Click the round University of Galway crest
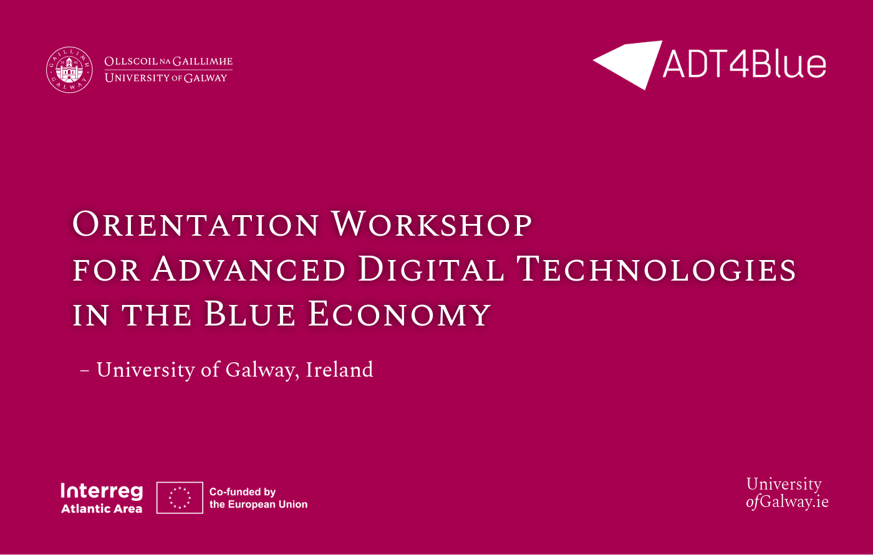point(69,69)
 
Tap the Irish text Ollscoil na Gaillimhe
point(168,62)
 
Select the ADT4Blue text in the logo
point(744,64)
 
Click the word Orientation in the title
point(196,224)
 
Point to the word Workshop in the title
point(432,224)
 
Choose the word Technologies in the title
point(657,269)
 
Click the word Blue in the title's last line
point(249,314)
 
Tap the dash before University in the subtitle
point(85,371)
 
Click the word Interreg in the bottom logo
point(102,491)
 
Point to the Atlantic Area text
point(102,509)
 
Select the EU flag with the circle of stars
point(180,498)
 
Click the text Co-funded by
point(243,492)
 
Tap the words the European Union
point(258,504)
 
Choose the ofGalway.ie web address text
point(787,502)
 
